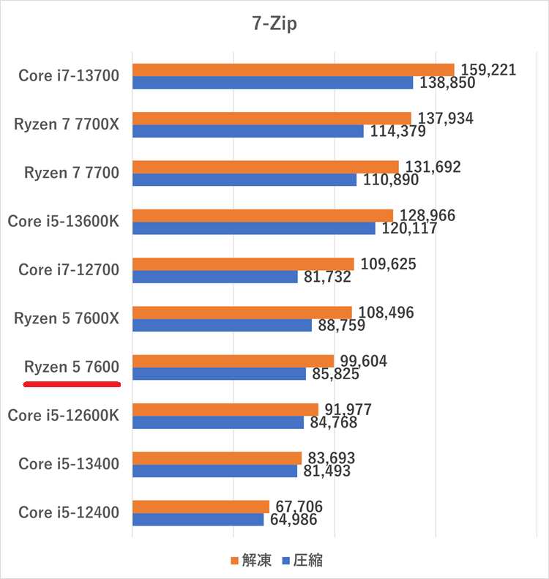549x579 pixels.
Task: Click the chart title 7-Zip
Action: [274, 23]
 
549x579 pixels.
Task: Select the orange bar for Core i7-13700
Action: [293, 70]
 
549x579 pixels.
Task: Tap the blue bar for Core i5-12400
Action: [198, 519]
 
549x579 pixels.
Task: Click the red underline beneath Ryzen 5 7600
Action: [72, 383]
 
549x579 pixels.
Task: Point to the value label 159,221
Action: [488, 70]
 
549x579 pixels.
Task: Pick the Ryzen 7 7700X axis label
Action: [66, 124]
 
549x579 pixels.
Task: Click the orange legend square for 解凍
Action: [235, 560]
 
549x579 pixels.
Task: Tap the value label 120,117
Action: [408, 228]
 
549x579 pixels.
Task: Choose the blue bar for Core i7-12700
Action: [214, 277]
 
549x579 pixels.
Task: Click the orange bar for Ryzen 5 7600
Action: [233, 361]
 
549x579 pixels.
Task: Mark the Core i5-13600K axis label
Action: [63, 221]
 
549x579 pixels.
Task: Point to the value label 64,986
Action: [294, 520]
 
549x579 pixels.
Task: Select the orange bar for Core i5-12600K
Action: [225, 409]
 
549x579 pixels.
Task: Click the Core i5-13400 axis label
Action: [69, 463]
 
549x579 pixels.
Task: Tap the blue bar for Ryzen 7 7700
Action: [244, 179]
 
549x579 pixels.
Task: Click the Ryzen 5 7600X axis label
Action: [66, 318]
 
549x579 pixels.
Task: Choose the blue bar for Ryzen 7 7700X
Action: [247, 131]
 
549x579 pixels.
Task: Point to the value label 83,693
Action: [332, 458]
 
